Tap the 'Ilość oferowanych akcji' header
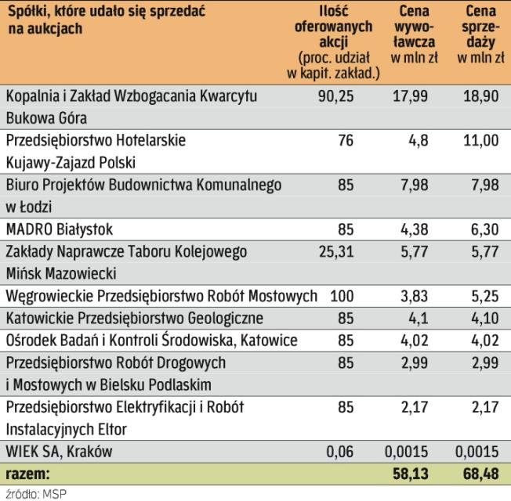339,42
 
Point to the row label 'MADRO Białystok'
60,229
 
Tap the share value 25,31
337,252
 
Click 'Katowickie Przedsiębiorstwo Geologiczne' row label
134,319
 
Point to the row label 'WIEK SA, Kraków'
59,452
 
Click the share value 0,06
339,452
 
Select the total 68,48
480,474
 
